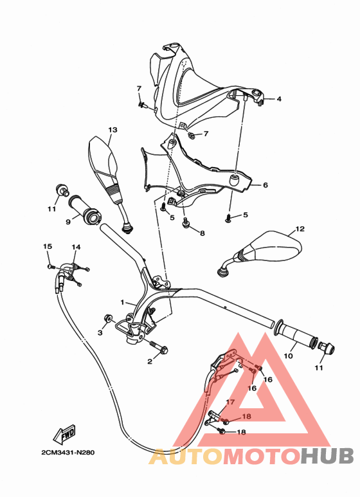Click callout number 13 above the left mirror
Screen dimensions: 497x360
[113, 130]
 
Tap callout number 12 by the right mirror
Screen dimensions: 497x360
[300, 229]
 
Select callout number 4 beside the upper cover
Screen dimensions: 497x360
[279, 99]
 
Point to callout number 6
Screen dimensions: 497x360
[265, 185]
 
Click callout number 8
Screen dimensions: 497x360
[202, 233]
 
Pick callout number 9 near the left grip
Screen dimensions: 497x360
[67, 222]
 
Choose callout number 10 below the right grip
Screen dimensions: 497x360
[289, 355]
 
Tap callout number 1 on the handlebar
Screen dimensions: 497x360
[122, 302]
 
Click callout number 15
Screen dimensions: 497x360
[47, 247]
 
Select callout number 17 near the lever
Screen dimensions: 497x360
[226, 401]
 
